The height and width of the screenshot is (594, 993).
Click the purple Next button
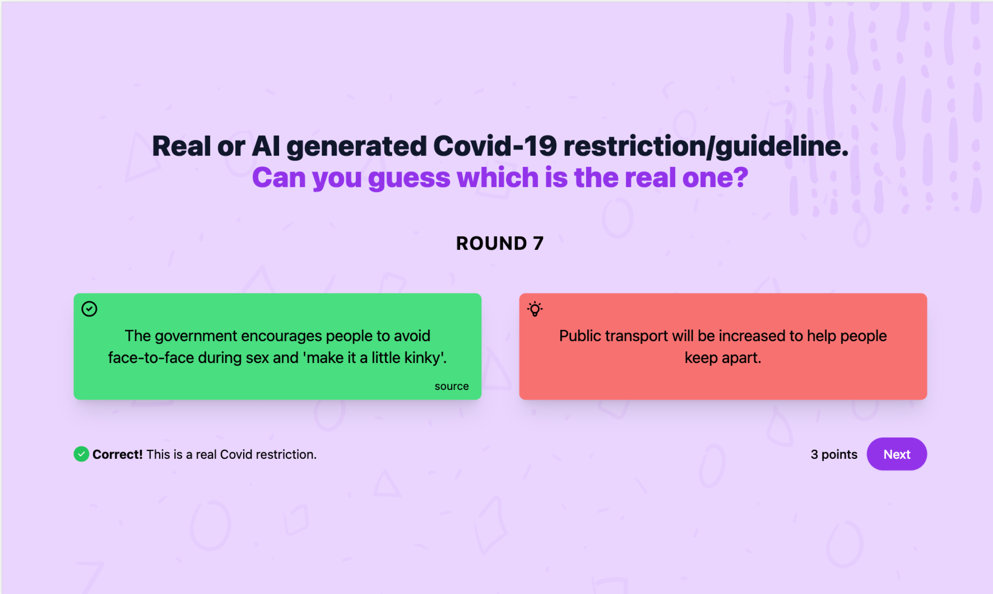pyautogui.click(x=896, y=454)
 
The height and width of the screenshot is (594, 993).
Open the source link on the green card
pyautogui.click(x=451, y=386)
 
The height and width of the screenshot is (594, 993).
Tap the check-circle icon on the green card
pyautogui.click(x=89, y=309)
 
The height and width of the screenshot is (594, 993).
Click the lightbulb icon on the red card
pyautogui.click(x=534, y=309)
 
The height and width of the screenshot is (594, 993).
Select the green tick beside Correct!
pyautogui.click(x=81, y=454)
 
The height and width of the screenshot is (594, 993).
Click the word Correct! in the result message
pyautogui.click(x=117, y=454)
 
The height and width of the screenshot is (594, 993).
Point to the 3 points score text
pyautogui.click(x=833, y=454)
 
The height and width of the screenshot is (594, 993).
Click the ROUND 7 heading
pyautogui.click(x=500, y=243)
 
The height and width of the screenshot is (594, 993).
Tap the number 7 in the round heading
pyautogui.click(x=538, y=243)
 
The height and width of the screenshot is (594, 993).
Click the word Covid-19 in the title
pyautogui.click(x=495, y=146)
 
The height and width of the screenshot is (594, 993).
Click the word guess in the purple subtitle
pyautogui.click(x=409, y=177)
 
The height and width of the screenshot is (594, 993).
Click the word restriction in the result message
pyautogui.click(x=286, y=454)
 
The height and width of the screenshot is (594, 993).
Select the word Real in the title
pyautogui.click(x=181, y=146)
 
